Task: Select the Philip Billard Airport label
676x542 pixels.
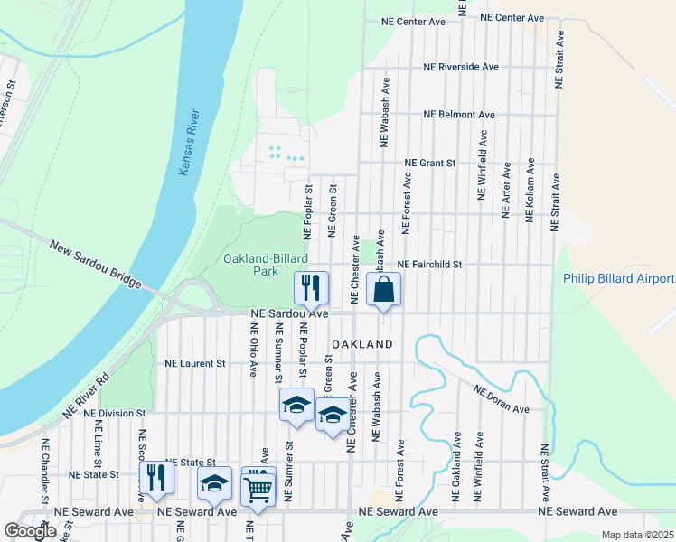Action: click(x=619, y=278)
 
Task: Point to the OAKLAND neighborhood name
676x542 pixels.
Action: click(x=362, y=344)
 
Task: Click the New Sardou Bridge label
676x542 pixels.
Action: click(x=96, y=266)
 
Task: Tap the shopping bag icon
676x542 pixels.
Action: click(x=383, y=291)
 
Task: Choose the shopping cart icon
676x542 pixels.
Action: click(x=258, y=488)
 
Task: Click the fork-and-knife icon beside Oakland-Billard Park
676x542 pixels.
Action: click(x=311, y=289)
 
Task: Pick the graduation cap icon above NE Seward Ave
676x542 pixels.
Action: click(x=214, y=485)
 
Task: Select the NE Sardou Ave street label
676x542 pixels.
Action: click(x=289, y=313)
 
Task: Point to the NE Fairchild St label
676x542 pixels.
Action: click(x=430, y=265)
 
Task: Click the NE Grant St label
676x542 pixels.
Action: click(x=430, y=164)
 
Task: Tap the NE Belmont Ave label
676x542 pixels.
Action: click(x=460, y=115)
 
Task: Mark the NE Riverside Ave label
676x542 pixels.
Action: click(x=462, y=67)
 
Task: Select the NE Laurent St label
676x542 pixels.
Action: click(x=194, y=363)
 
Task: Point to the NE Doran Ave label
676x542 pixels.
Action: click(x=501, y=397)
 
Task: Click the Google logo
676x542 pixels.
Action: click(x=30, y=531)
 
